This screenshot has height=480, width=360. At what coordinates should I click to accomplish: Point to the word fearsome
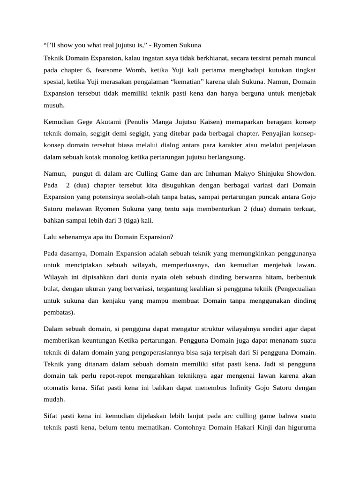(x=109, y=70)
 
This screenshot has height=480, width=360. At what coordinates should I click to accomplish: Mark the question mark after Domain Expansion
(x=172, y=237)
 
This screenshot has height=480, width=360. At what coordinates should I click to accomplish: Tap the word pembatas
(x=57, y=312)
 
